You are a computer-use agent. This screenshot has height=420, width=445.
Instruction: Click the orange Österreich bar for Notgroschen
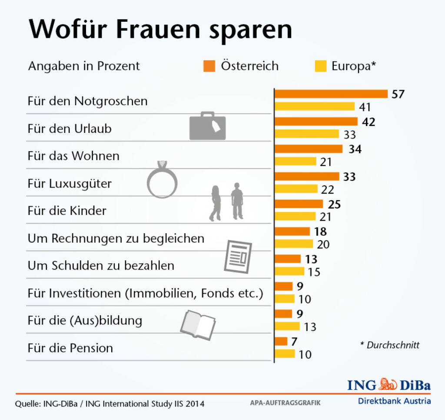pyautogui.click(x=331, y=94)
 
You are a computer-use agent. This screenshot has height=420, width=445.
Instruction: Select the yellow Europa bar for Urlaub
pyautogui.click(x=307, y=134)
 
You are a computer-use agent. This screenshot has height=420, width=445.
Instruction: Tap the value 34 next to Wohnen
pyautogui.click(x=355, y=149)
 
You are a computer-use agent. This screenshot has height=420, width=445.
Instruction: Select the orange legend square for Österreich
pyautogui.click(x=209, y=66)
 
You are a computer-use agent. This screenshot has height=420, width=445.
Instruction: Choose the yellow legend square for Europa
pyautogui.click(x=320, y=66)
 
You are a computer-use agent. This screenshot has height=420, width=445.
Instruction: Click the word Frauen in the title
pyautogui.click(x=153, y=30)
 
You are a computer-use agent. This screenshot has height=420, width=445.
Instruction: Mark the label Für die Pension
pyautogui.click(x=70, y=348)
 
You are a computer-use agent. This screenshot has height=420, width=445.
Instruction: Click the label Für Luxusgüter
pyautogui.click(x=70, y=183)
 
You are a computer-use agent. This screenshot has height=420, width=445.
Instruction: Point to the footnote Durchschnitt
pyautogui.click(x=390, y=345)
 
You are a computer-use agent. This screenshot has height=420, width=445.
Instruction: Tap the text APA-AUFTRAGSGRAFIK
pyautogui.click(x=285, y=403)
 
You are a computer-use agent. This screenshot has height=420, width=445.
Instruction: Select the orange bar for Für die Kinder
pyautogui.click(x=299, y=204)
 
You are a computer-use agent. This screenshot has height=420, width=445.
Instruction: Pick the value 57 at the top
pyautogui.click(x=398, y=94)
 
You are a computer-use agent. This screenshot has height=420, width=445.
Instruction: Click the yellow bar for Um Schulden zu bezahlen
pyautogui.click(x=289, y=271)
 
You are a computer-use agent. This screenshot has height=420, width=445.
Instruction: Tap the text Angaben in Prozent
pyautogui.click(x=84, y=66)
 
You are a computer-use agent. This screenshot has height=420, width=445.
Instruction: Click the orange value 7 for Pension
pyautogui.click(x=294, y=341)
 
